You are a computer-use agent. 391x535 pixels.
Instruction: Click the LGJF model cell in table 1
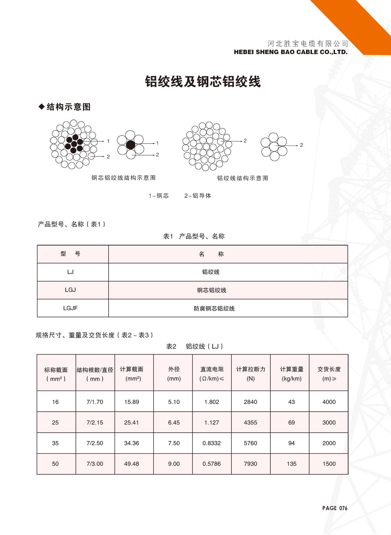point(70,308)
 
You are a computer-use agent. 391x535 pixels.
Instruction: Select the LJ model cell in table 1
point(70,272)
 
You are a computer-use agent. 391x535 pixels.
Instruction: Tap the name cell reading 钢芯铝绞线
point(211,290)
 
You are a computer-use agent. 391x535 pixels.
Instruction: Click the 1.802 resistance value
point(212,402)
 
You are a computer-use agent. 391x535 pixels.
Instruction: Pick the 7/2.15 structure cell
point(95,423)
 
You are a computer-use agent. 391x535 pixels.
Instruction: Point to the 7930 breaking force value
point(250,464)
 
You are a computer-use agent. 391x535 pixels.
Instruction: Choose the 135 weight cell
point(292,464)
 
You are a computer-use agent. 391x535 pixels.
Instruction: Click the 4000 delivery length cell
point(329,402)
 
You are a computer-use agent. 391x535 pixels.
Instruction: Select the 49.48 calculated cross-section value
point(132,464)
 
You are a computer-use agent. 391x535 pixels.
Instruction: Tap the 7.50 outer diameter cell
point(174,443)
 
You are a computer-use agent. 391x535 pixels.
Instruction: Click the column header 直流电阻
point(212,369)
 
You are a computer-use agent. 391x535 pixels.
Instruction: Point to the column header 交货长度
point(329,369)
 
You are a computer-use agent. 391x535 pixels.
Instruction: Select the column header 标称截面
point(56,370)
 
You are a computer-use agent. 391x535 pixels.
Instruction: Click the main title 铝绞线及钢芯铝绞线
point(203,82)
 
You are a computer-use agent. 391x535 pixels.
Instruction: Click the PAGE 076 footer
point(335,508)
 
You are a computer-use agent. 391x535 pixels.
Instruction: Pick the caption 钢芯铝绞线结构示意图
point(123,178)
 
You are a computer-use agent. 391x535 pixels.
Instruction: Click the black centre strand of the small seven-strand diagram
point(130,145)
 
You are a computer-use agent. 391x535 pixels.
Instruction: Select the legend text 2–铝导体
point(198,196)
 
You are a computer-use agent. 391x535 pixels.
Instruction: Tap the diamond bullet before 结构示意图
point(41,107)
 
